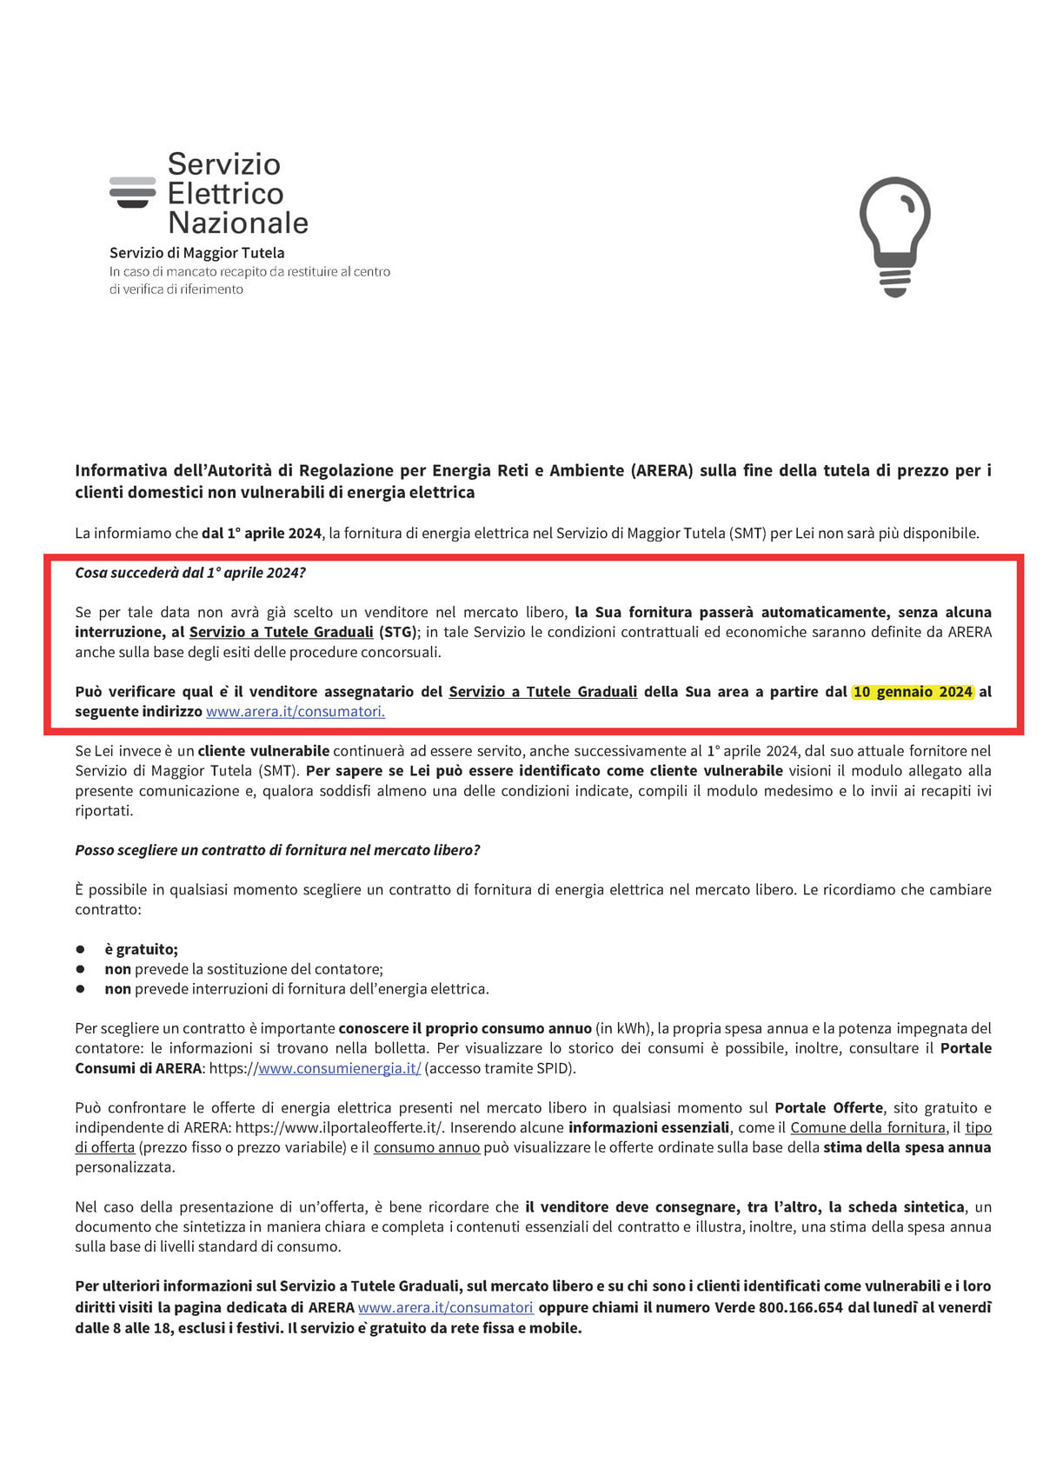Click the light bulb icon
click(894, 235)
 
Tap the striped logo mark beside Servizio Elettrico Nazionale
click(133, 192)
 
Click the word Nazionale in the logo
click(238, 223)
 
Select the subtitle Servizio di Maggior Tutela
click(196, 253)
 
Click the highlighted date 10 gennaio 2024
click(913, 692)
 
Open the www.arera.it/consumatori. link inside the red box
click(296, 712)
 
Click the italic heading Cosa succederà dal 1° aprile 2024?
click(190, 573)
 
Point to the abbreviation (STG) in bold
click(398, 632)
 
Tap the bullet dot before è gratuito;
click(81, 949)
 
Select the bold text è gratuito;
click(141, 949)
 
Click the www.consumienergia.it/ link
click(339, 1068)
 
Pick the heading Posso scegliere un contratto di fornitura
click(277, 850)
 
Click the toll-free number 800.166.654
click(801, 1307)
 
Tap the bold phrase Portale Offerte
click(828, 1108)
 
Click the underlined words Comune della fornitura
click(867, 1128)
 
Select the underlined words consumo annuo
click(427, 1148)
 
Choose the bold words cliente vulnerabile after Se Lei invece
click(263, 751)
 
